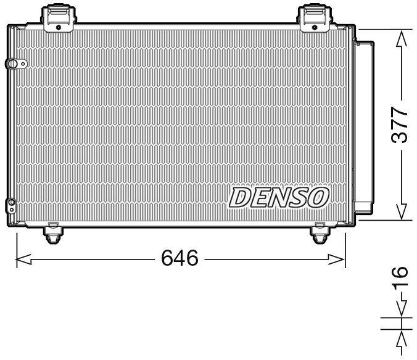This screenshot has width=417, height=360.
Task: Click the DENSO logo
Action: (279, 197)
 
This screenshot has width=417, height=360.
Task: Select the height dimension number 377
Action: (401, 126)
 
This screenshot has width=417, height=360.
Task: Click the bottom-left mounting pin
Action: (53, 233)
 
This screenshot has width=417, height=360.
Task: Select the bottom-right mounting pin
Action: (320, 233)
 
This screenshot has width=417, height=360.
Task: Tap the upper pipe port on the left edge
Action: (12, 64)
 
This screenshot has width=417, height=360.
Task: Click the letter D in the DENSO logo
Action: (241, 197)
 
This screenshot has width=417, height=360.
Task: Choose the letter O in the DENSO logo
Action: (318, 197)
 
